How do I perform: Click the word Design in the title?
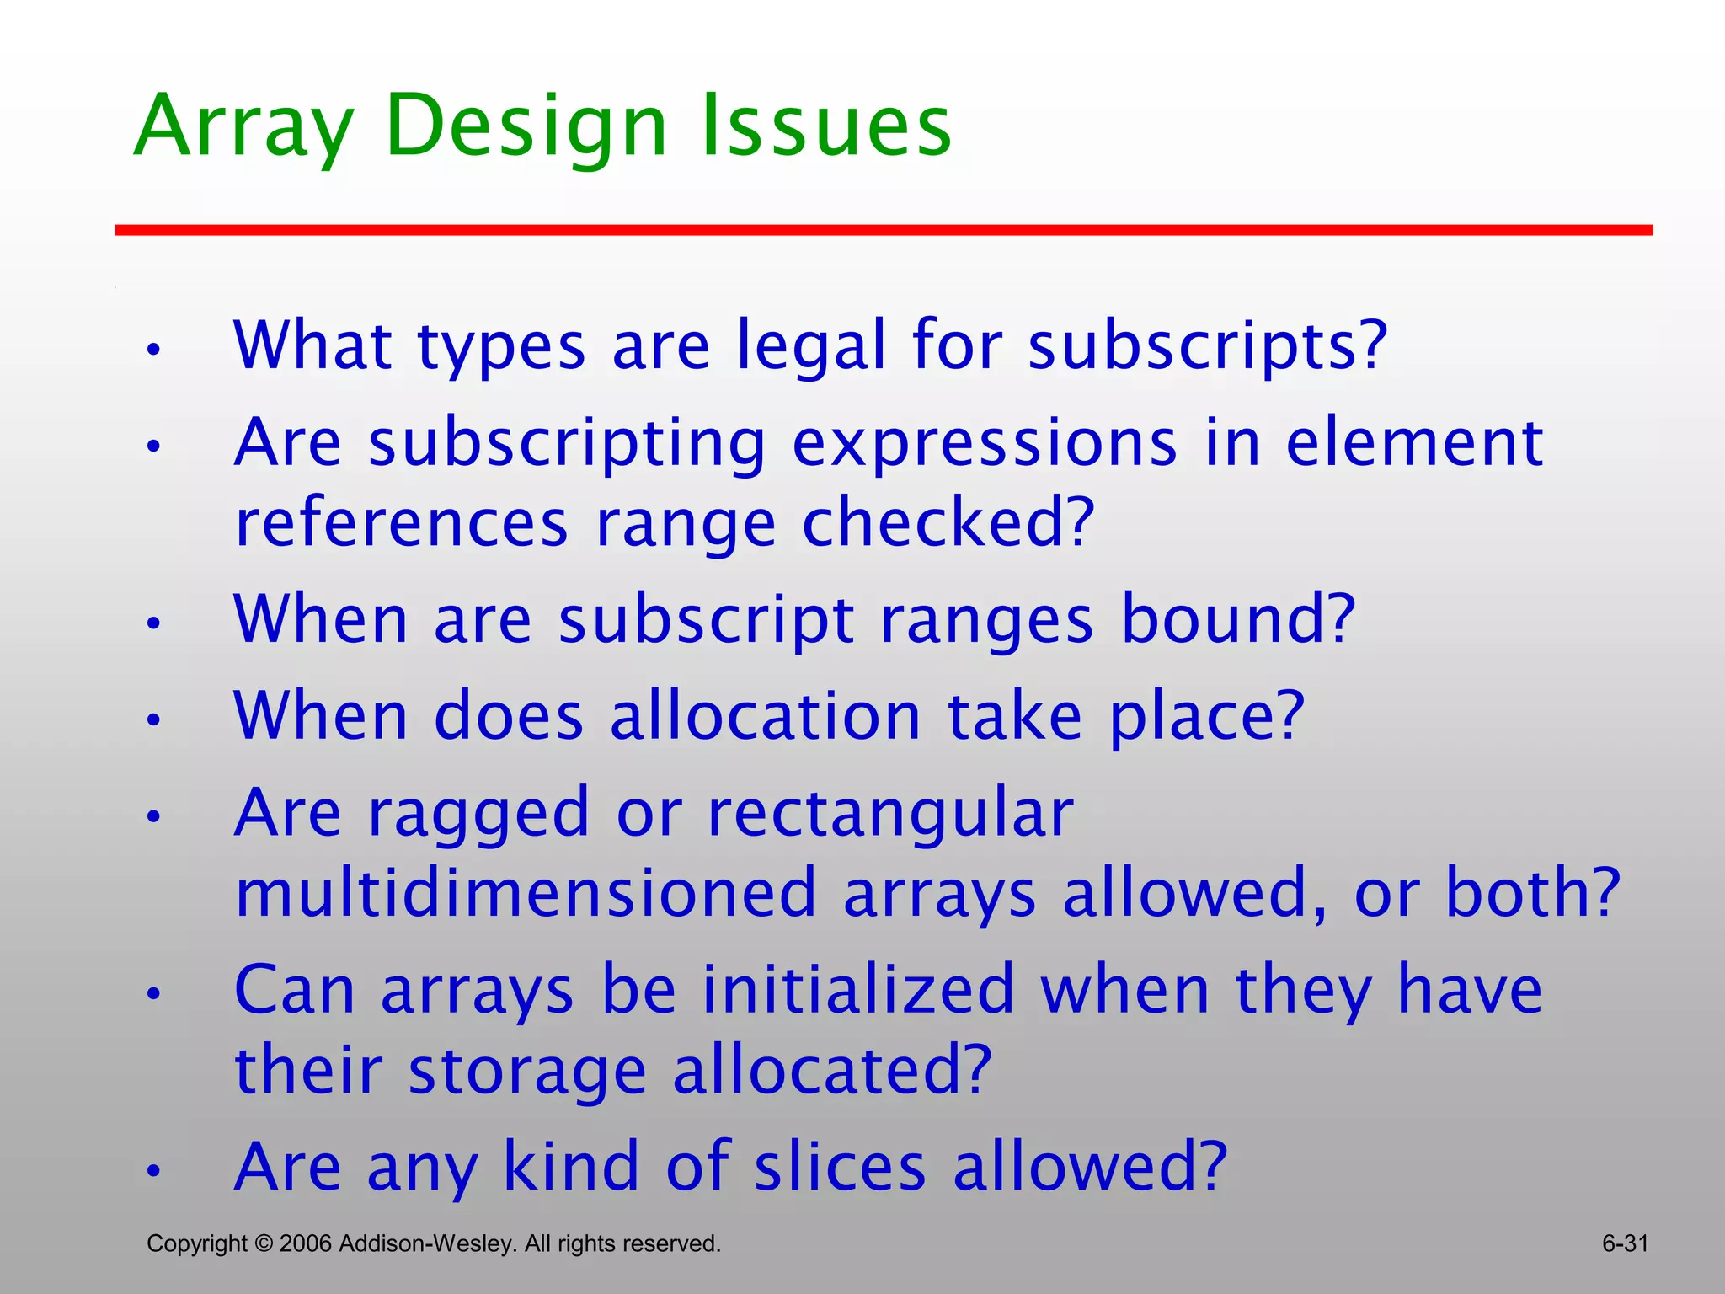(x=526, y=126)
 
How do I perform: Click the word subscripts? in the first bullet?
(x=1207, y=345)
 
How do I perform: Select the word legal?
(x=811, y=345)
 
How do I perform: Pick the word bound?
(x=1238, y=619)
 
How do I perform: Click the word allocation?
(x=765, y=716)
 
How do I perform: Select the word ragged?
(x=478, y=813)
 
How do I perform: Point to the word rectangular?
(x=890, y=813)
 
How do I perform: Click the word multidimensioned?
(x=526, y=893)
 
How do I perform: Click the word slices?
(x=840, y=1167)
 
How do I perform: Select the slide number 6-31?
(x=1625, y=1243)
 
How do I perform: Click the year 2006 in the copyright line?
(x=306, y=1243)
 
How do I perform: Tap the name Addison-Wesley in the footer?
(x=426, y=1243)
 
